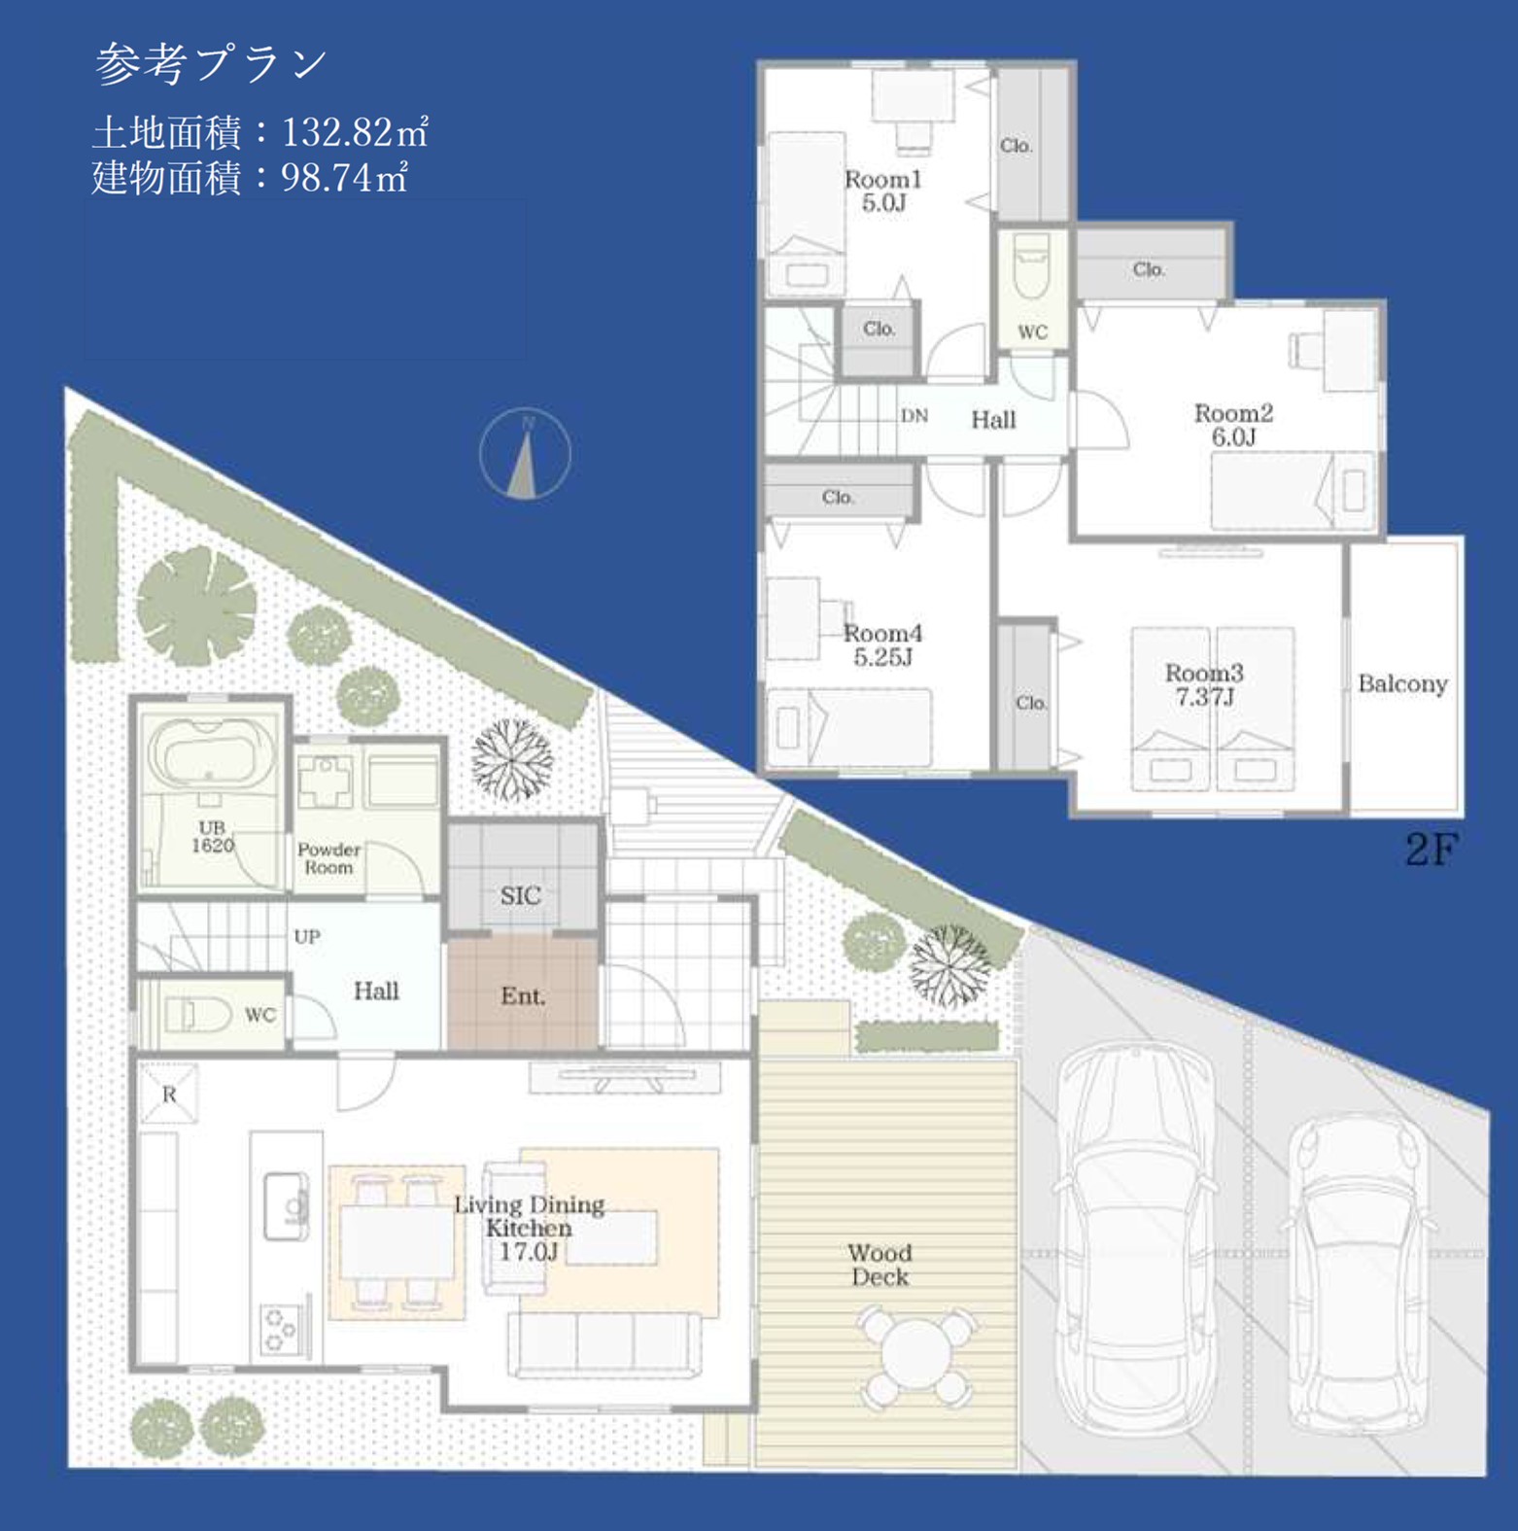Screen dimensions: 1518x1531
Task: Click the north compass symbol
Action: coord(525,454)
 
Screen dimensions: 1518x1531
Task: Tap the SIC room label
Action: coord(521,895)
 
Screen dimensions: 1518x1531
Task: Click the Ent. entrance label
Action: coord(523,995)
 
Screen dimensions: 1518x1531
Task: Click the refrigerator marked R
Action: coord(169,1095)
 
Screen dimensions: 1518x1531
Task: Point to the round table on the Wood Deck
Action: coord(915,1355)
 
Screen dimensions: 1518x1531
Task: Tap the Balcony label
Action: coord(1402,683)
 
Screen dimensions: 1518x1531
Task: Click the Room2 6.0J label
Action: coord(1233,425)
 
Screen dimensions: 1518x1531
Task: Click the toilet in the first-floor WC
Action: coord(198,1015)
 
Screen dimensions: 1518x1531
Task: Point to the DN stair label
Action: coord(914,415)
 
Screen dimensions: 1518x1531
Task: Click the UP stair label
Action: coord(307,936)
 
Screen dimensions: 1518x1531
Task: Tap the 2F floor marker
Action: coord(1432,850)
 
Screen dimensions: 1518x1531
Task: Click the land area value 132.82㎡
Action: coord(355,131)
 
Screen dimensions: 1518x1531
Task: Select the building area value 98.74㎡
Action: coord(344,177)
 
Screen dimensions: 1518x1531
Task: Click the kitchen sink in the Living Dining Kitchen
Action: coord(287,1205)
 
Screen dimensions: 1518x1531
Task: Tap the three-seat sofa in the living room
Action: coord(604,1343)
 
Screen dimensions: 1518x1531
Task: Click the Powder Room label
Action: coord(328,858)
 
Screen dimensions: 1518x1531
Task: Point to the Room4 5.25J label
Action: coord(882,644)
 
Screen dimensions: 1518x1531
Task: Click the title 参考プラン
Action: coord(212,63)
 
